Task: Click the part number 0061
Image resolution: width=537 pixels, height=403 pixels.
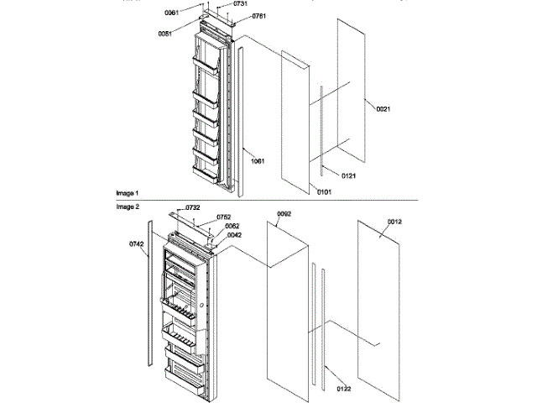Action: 172,13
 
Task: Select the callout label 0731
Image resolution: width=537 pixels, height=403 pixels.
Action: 216,4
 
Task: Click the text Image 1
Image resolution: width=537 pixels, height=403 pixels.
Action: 128,193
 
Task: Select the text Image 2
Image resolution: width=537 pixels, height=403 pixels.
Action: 128,206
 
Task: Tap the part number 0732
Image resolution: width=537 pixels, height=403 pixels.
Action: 192,207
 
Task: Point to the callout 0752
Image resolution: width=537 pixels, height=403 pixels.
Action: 224,217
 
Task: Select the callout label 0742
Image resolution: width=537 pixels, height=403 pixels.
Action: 137,244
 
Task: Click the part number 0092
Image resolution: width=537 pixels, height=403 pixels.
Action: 284,214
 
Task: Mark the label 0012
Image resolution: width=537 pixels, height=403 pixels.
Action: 394,222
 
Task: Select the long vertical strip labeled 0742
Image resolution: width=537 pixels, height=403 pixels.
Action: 150,294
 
